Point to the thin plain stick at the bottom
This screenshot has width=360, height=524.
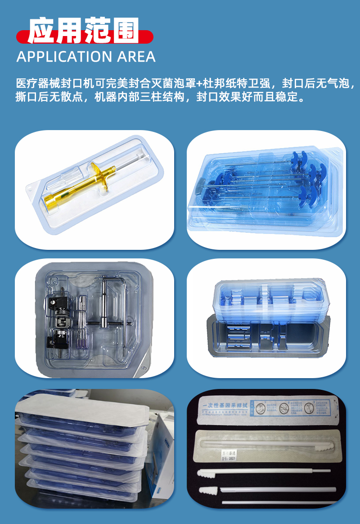[279, 501]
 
